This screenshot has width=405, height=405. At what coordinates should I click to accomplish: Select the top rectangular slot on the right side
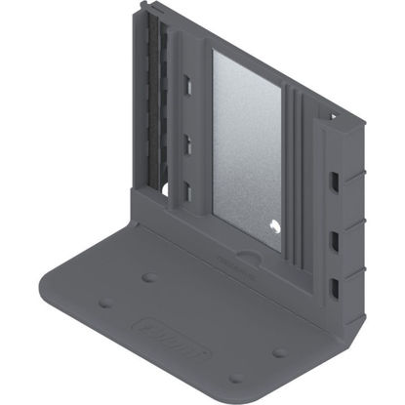coord(337,182)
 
